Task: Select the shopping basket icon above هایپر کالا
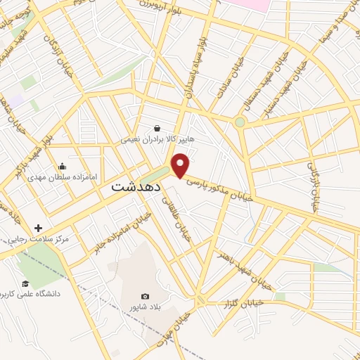point(157,129)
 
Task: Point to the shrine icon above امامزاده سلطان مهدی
point(63,167)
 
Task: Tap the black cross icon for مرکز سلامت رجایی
point(38,228)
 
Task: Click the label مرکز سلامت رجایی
point(37,240)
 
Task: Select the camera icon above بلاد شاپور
point(146,297)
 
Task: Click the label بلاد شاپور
point(145,307)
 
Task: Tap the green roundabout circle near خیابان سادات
point(240,122)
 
